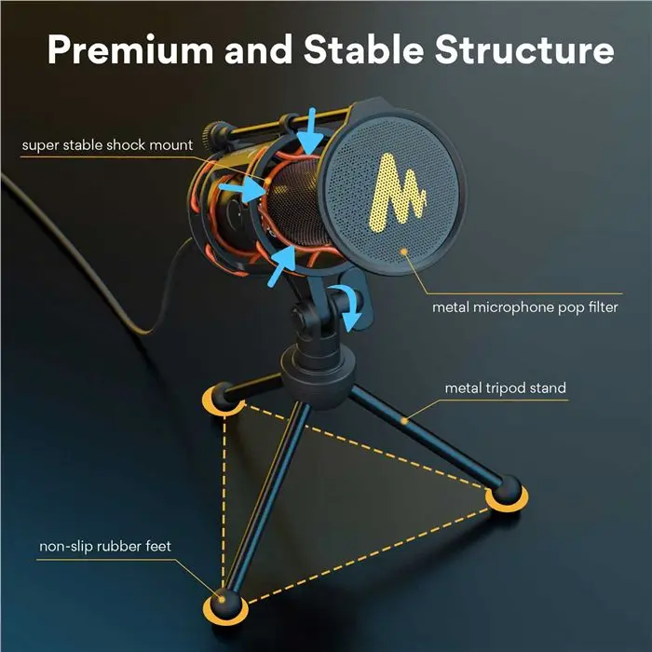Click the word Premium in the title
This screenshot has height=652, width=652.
130,49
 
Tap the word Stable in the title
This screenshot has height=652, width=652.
364,48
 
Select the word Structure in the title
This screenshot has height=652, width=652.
524,49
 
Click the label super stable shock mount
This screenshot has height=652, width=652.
107,145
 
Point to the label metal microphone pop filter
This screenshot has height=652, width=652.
524,307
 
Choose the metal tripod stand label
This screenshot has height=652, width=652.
505,388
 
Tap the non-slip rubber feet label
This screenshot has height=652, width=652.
105,546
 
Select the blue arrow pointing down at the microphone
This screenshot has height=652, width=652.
311,131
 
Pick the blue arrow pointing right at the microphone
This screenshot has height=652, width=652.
242,191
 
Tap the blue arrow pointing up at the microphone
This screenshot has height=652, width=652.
281,265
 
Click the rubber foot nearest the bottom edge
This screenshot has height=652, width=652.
225,605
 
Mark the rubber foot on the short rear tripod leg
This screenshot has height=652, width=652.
223,397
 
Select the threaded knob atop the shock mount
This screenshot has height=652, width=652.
213,136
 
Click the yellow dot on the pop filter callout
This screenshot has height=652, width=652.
403,251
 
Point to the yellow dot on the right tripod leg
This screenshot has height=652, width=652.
404,421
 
